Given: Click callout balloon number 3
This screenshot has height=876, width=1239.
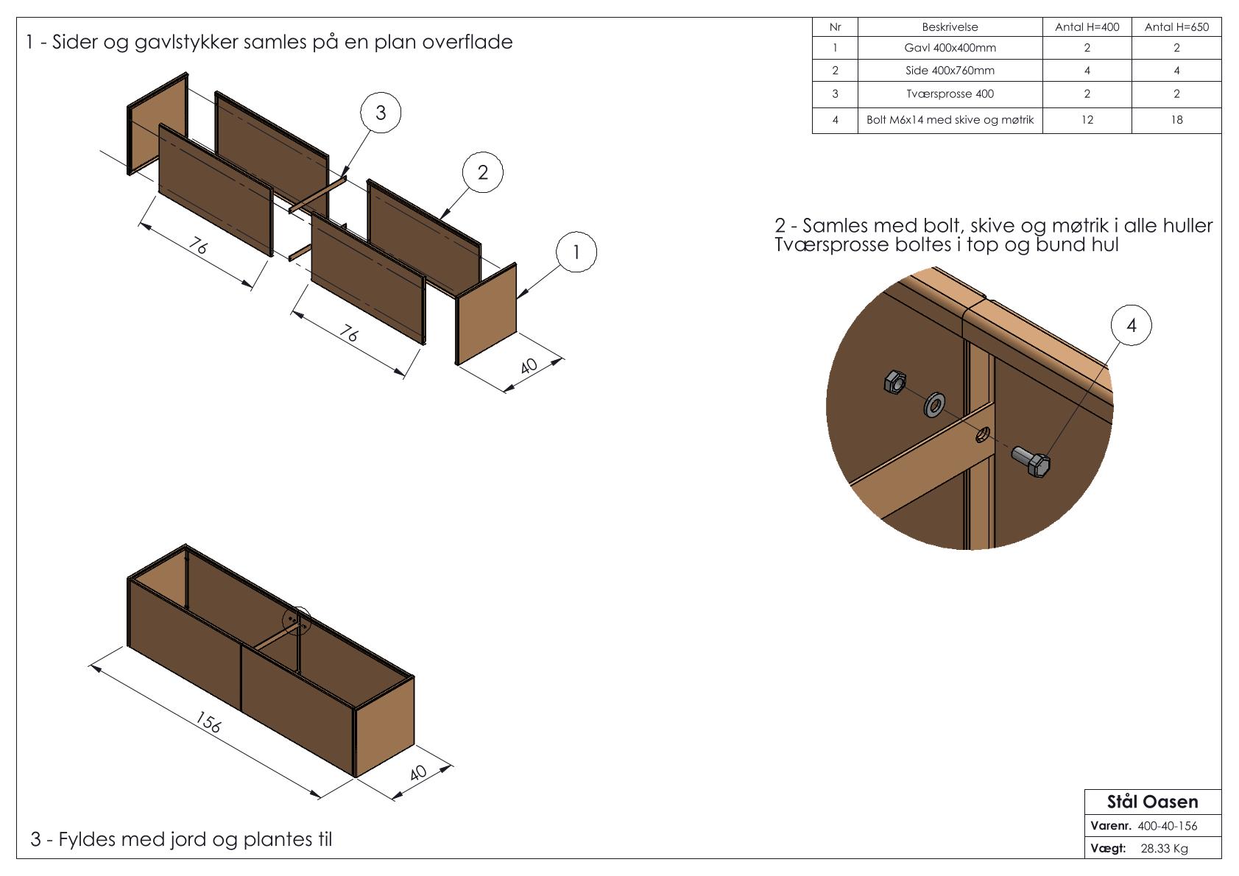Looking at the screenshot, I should pyautogui.click(x=381, y=113).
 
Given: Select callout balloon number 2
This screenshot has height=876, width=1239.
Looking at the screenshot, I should pyautogui.click(x=482, y=172).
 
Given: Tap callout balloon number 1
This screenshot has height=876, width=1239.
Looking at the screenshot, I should pyautogui.click(x=576, y=252).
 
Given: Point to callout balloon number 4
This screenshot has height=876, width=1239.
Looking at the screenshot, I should pyautogui.click(x=1131, y=325).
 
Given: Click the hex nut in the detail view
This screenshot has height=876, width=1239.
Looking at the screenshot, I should pyautogui.click(x=894, y=382).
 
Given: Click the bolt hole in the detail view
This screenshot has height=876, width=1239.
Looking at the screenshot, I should pyautogui.click(x=982, y=436).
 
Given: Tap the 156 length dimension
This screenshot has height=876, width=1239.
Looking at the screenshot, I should pyautogui.click(x=209, y=724).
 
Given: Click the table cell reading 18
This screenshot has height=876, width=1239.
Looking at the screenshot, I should pyautogui.click(x=1176, y=120).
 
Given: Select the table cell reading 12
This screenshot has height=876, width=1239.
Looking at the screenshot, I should pyautogui.click(x=1087, y=120).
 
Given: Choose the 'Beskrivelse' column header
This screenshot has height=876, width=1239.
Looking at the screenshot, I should pyautogui.click(x=950, y=27).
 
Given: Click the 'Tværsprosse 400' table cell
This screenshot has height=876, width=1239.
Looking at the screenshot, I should pyautogui.click(x=950, y=94).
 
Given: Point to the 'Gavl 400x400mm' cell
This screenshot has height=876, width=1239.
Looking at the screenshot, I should pyautogui.click(x=950, y=48).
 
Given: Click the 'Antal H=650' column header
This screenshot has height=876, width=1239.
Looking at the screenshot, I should pyautogui.click(x=1176, y=27).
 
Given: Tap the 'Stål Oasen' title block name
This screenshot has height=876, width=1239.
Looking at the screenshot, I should pyautogui.click(x=1152, y=802).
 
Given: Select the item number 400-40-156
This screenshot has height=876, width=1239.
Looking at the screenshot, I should pyautogui.click(x=1167, y=826).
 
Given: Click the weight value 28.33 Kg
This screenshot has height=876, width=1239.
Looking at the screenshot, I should pyautogui.click(x=1164, y=849).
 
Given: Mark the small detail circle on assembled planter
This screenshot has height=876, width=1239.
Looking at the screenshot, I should pyautogui.click(x=298, y=621).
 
